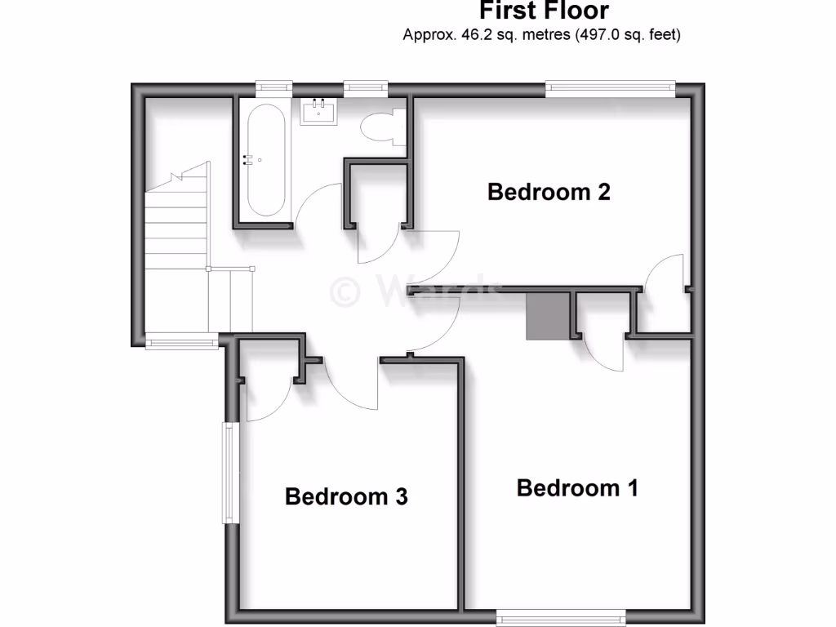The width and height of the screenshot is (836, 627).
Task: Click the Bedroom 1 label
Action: pos(577,488)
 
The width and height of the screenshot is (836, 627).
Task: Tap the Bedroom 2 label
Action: pos(549,192)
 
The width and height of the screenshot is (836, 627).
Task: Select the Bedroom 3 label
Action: pos(346,496)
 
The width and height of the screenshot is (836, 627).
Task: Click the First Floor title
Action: pos(543,11)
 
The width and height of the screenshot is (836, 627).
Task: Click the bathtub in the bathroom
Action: pos(262,159)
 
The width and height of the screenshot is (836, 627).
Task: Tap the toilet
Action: pos(380,127)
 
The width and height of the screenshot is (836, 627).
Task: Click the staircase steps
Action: pos(176,220)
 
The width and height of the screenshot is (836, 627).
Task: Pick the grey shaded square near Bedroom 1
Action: pos(547,317)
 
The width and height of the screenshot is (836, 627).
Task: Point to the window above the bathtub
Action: pos(273,87)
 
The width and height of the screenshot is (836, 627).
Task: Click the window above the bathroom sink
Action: pos(365,87)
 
